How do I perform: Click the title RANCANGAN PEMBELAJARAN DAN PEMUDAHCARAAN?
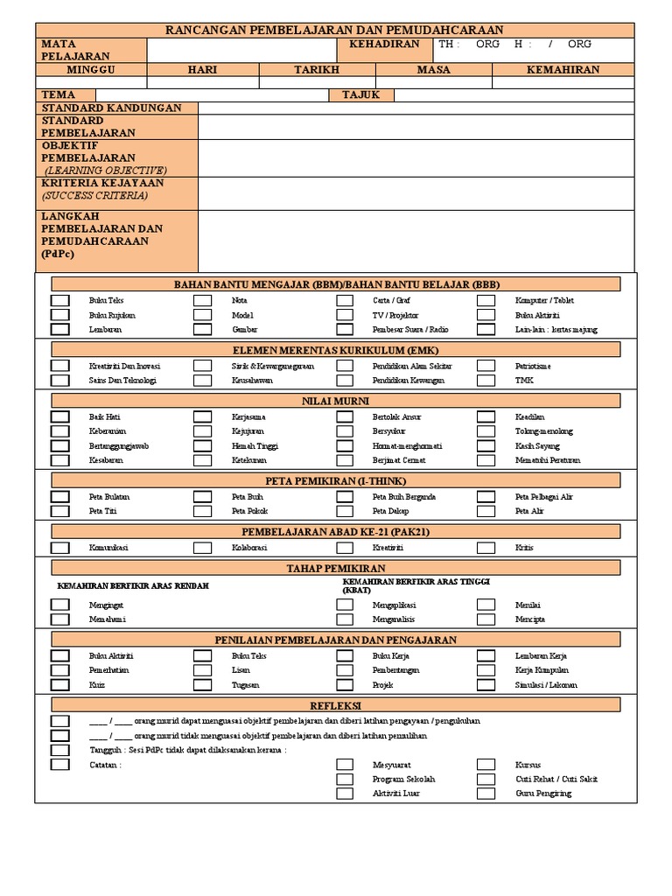[x=335, y=31]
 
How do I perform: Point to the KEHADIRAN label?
[x=384, y=45]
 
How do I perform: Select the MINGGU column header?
[x=91, y=69]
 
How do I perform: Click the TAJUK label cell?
[x=361, y=94]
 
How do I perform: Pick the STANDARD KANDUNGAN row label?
[x=111, y=108]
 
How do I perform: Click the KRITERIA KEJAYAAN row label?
[x=102, y=184]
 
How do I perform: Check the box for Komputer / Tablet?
[x=486, y=300]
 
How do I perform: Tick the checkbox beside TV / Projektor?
[x=345, y=315]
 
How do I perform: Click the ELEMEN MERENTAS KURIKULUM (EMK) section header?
[x=336, y=349]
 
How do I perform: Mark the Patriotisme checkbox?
[x=486, y=366]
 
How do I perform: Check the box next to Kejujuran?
[x=202, y=431]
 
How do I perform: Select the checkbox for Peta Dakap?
[x=345, y=511]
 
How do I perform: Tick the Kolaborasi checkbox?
[x=202, y=548]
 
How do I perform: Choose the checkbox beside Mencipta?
[x=486, y=619]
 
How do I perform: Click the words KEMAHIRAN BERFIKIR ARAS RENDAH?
[x=133, y=585]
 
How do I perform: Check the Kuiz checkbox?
[x=59, y=685]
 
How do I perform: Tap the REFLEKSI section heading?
[x=336, y=705]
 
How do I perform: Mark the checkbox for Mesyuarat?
[x=345, y=764]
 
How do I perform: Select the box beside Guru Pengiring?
[x=486, y=794]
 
